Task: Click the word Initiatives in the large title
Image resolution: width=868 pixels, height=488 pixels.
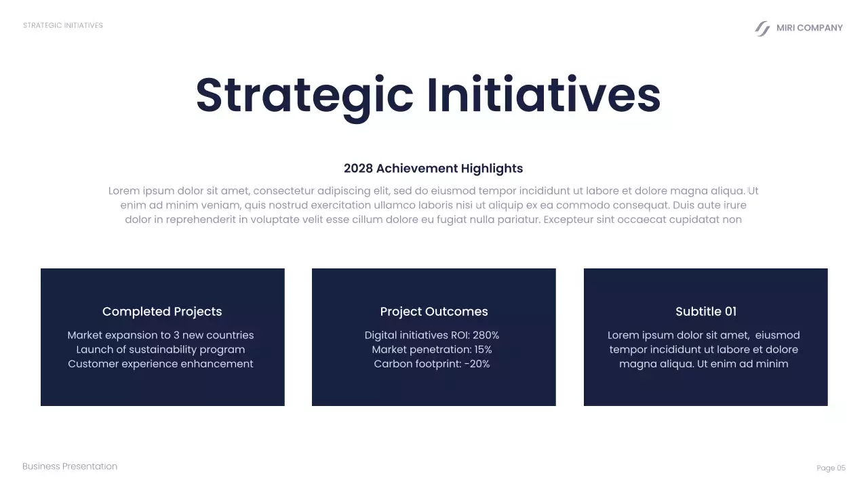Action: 543,96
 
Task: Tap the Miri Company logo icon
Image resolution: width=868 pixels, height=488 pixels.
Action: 762,28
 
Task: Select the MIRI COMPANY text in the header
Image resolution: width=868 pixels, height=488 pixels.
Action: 809,28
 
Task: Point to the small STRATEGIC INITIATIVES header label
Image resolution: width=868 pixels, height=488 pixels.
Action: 63,26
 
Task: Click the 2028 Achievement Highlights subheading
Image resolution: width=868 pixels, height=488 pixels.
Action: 433,169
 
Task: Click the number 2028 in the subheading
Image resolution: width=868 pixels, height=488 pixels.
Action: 358,169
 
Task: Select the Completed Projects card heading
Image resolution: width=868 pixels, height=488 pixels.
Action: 162,312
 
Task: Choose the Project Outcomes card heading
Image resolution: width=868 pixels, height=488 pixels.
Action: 434,312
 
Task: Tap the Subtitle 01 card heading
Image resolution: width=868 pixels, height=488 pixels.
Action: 705,312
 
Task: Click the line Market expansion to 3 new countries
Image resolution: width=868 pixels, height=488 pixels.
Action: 161,335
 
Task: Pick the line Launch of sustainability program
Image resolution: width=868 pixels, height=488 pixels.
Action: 161,350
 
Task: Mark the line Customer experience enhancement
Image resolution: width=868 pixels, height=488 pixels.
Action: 161,364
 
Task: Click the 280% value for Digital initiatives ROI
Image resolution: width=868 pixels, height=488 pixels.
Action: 486,335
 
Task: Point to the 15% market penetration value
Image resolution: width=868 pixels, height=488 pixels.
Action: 483,350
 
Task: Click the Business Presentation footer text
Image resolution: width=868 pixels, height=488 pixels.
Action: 70,466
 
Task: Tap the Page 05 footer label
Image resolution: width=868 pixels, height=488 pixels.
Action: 831,468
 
